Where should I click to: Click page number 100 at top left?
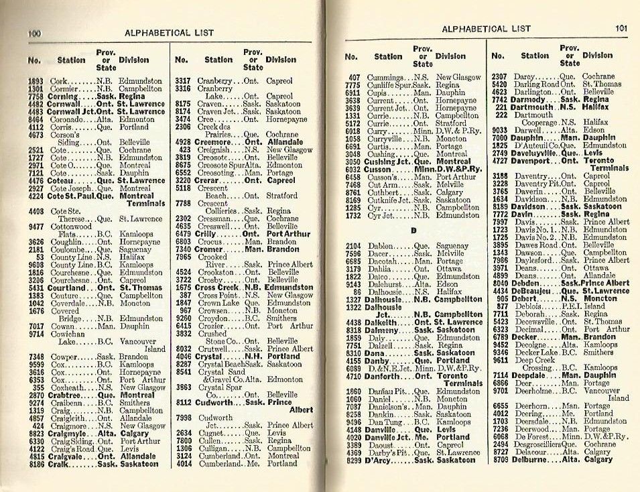point(36,33)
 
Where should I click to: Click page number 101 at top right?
point(621,29)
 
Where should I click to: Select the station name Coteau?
point(62,181)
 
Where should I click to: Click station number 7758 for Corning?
point(37,97)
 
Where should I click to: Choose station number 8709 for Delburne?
point(500,460)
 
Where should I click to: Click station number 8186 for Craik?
point(37,464)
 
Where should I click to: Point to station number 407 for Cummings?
point(355,77)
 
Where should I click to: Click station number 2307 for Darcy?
point(500,77)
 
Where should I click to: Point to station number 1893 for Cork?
point(36,81)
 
